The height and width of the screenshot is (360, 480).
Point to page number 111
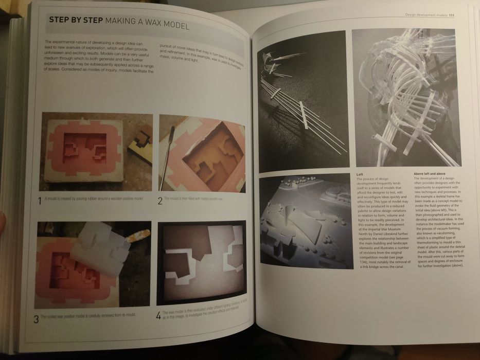tap(451, 15)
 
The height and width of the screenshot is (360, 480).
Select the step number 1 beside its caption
tap(40, 200)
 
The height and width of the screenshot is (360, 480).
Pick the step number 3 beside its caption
tap(36, 319)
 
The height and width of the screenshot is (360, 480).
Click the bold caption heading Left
tap(360, 174)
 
